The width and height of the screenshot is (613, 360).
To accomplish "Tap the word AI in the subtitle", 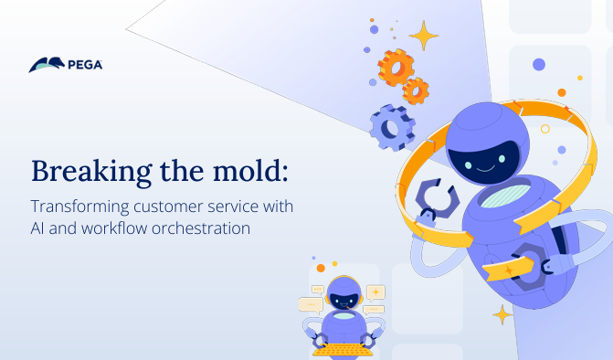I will [40, 228].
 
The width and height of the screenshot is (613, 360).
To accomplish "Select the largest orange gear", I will [396, 67].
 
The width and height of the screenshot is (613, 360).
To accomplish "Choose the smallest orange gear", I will [416, 90].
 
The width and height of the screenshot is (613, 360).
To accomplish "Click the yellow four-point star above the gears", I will [423, 36].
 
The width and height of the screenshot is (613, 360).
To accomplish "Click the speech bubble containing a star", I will [375, 291].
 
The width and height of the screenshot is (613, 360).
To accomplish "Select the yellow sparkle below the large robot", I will [502, 314].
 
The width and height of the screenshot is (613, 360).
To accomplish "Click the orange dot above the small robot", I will [321, 268].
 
